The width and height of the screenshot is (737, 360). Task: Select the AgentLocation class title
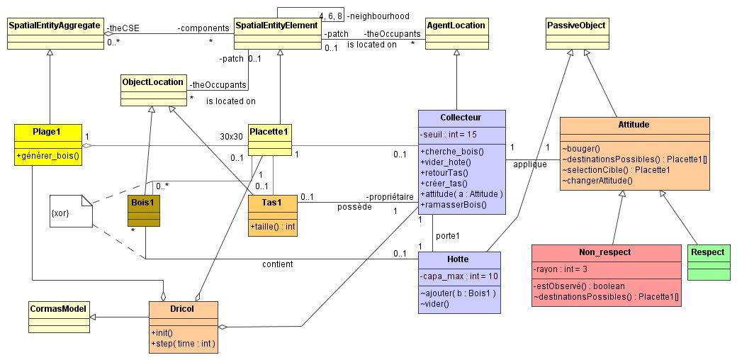point(456,26)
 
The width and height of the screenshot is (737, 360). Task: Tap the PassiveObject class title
point(576,26)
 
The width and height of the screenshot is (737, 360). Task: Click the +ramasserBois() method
point(454,205)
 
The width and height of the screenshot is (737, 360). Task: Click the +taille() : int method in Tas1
point(273,227)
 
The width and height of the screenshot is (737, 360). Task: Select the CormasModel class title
point(60,309)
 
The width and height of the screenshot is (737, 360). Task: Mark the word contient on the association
point(277,264)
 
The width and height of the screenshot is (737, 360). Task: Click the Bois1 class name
point(142,201)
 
